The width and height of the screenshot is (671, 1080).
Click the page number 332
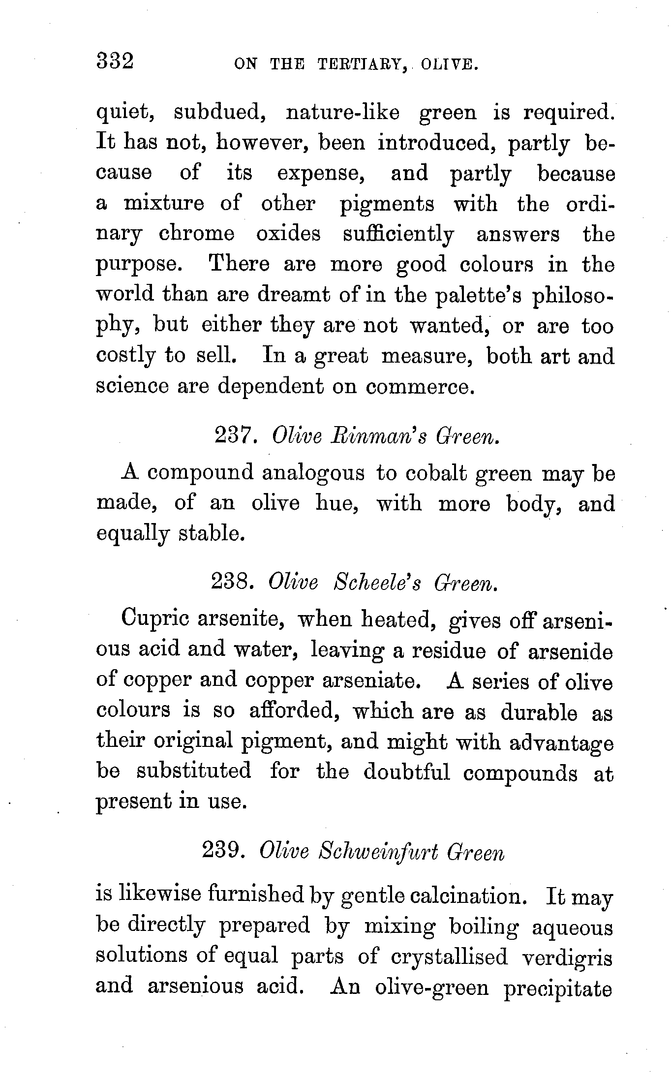pyautogui.click(x=115, y=62)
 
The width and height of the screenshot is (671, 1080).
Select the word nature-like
pyautogui.click(x=342, y=113)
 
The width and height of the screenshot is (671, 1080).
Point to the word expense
pyautogui.click(x=320, y=174)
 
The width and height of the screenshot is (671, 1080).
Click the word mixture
pyautogui.click(x=164, y=203)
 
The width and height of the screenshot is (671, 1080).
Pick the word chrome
pyautogui.click(x=196, y=234)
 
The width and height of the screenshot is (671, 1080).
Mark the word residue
pyautogui.click(x=449, y=651)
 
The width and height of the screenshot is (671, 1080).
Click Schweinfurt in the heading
pyautogui.click(x=378, y=852)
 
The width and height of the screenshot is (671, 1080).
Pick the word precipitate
pyautogui.click(x=557, y=988)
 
